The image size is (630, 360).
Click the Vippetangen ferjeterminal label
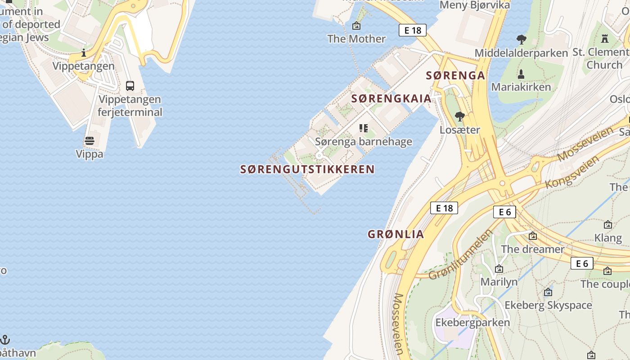click(130, 105)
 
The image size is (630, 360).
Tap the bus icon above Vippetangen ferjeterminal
click(130, 85)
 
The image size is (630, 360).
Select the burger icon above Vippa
click(90, 141)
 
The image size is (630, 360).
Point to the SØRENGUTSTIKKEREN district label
click(307, 169)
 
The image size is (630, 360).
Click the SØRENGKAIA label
click(391, 99)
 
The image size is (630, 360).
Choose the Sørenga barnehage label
click(364, 142)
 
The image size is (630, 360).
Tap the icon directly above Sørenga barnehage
click(364, 129)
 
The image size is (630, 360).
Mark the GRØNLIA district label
click(396, 234)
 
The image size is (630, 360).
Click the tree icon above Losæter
click(459, 117)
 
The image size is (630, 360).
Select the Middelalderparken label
click(521, 53)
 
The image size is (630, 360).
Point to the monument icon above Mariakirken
click(521, 74)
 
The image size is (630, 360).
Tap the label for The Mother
click(356, 39)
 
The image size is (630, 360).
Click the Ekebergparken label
click(472, 322)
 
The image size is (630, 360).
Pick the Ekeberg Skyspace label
click(548, 305)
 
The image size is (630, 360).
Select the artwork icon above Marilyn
click(499, 269)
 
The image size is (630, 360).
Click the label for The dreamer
click(532, 249)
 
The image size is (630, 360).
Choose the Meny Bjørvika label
click(475, 5)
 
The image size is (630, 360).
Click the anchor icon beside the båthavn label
click(5, 339)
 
